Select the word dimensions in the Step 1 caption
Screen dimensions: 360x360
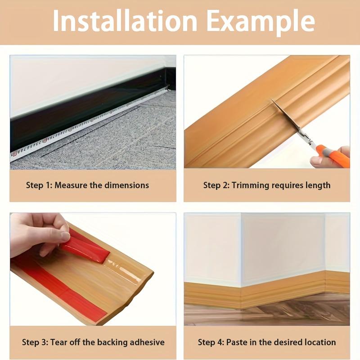(x=126, y=185)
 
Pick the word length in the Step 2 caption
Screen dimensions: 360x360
(x=318, y=185)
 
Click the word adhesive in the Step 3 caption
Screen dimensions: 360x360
(x=147, y=342)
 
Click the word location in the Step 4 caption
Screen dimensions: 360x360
(x=320, y=342)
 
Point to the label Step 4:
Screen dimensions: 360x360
(x=211, y=342)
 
